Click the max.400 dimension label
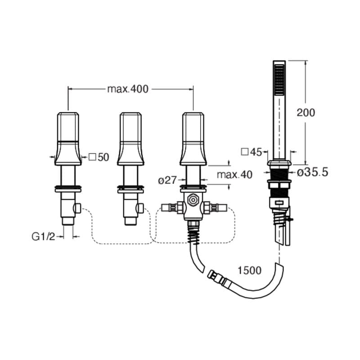128,89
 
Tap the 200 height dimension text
306,112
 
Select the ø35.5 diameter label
313,172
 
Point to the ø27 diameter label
167,180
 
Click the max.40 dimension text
234,175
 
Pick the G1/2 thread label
44,237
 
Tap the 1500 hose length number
249,270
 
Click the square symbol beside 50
92,157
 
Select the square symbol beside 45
245,152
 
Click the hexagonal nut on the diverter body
193,200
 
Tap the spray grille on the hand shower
279,79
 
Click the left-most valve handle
68,139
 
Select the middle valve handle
130,139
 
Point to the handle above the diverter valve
193,139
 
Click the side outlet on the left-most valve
77,208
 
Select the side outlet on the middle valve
140,208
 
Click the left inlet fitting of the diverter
172,207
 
